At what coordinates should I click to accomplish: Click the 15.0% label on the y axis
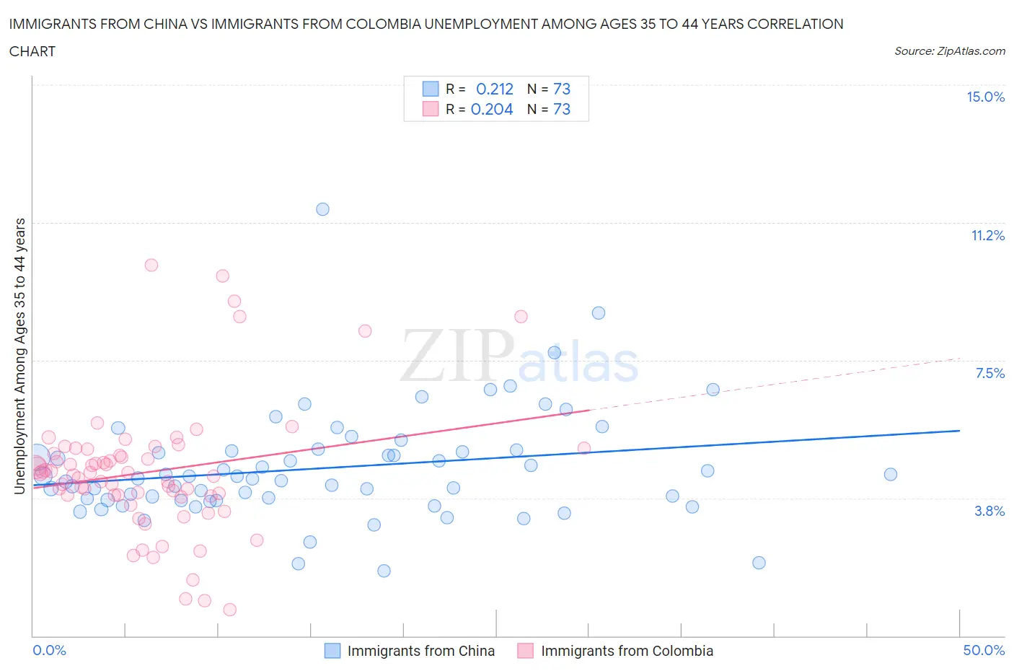point(985,97)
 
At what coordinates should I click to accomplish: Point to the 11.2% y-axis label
point(987,235)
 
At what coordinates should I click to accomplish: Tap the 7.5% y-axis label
point(989,373)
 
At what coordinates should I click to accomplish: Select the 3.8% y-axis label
point(989,511)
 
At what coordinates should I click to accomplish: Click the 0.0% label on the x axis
point(49,650)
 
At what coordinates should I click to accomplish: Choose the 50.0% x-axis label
point(984,650)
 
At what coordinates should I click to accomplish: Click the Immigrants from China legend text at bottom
point(420,651)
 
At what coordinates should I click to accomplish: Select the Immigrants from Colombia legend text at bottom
point(627,651)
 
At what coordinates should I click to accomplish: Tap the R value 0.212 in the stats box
point(495,89)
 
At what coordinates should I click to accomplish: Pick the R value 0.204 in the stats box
point(492,109)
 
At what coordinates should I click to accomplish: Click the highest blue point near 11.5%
point(322,209)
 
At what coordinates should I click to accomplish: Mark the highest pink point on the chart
point(151,265)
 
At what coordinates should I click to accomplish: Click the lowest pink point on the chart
point(229,610)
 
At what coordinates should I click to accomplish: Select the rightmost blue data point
point(891,474)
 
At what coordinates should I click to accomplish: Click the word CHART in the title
point(32,51)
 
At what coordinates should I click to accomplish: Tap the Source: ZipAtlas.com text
point(949,51)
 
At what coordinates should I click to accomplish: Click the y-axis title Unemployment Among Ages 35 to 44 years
point(19,356)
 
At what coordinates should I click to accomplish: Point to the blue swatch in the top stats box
point(431,89)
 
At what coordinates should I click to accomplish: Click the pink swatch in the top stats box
point(431,109)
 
